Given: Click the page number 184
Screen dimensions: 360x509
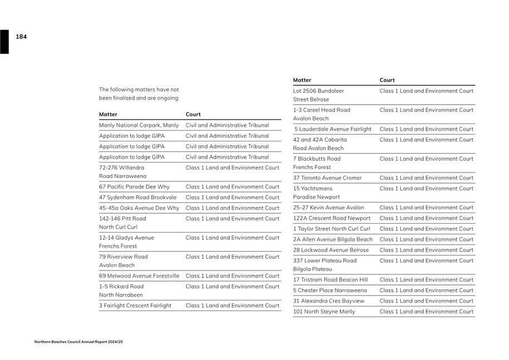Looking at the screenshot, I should [x=21, y=37].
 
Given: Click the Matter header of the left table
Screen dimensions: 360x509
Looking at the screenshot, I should [x=108, y=115].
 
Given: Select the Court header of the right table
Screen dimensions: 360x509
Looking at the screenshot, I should [x=387, y=80].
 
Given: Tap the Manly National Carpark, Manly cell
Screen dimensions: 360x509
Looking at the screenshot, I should [x=139, y=125].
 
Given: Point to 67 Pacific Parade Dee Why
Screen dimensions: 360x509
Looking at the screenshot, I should [x=134, y=187].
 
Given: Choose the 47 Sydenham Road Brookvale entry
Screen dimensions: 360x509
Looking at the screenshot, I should [x=138, y=198].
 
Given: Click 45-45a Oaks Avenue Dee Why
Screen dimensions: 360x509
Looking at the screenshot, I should [x=139, y=208].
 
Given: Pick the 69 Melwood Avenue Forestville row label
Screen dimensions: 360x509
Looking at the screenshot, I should [x=139, y=276].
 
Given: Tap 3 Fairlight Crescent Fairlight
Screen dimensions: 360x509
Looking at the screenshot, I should [x=135, y=305].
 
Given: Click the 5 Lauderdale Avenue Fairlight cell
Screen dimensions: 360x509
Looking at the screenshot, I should [x=333, y=129].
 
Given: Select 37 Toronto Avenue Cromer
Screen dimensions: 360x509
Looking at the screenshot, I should [x=327, y=178].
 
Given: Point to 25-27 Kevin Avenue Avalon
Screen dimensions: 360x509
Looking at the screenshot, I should [x=329, y=208].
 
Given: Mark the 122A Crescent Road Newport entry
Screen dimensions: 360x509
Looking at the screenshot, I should [x=331, y=218].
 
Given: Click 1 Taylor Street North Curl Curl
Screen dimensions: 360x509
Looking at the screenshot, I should [x=331, y=229].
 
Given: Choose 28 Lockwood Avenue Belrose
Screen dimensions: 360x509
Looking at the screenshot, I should [x=331, y=250].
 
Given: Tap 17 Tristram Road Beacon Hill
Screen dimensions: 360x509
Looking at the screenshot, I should [x=330, y=280].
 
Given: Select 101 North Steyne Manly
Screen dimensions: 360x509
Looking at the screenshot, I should [x=324, y=312].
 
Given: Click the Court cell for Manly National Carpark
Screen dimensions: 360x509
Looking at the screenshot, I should [x=227, y=125].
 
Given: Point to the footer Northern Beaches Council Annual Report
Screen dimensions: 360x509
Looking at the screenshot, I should [x=78, y=342].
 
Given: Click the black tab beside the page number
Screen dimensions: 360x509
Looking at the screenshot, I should [x=4, y=42].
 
